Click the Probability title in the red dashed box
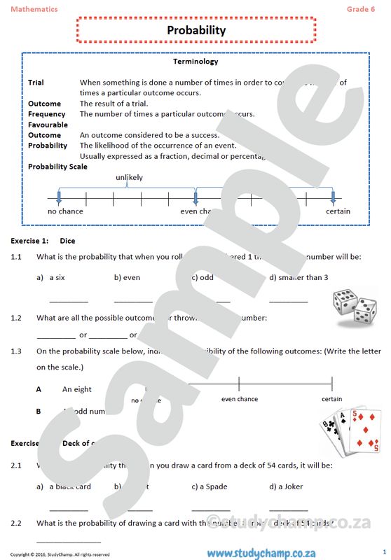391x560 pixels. [x=196, y=30]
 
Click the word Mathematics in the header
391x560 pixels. [x=34, y=8]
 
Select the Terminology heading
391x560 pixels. [x=195, y=62]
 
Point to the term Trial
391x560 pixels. [x=36, y=83]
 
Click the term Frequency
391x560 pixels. [x=46, y=114]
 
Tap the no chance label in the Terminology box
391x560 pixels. [x=65, y=211]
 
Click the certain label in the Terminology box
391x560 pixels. [x=338, y=211]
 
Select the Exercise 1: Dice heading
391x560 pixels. [x=43, y=241]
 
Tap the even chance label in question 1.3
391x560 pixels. [x=240, y=399]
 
